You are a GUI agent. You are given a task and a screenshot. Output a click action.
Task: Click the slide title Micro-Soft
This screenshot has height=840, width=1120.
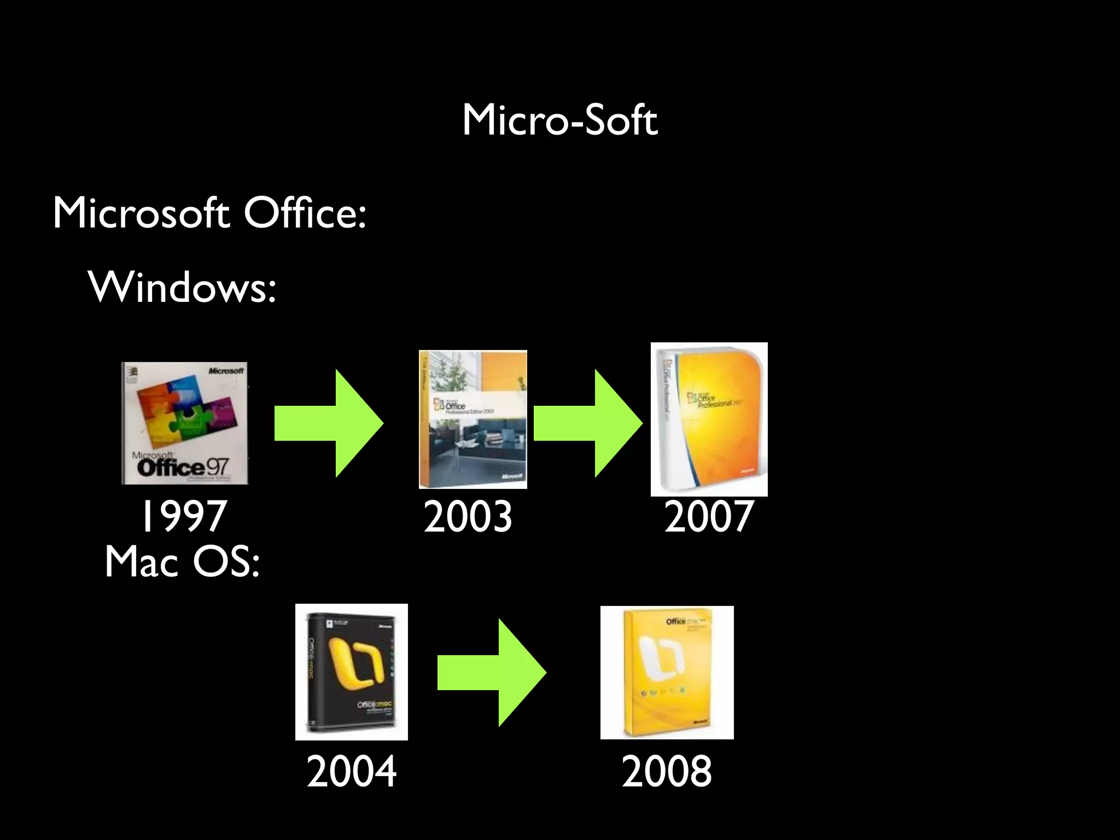559,120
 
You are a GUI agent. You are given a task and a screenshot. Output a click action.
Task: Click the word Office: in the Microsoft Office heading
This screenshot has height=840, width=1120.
305,213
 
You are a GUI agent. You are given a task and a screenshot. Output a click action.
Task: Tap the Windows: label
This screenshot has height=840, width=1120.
182,287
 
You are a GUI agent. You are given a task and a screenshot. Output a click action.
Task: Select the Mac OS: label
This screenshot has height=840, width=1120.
182,562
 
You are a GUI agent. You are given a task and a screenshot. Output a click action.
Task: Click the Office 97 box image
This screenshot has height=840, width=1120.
184,423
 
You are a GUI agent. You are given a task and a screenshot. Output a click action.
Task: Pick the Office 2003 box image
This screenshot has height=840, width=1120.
472,419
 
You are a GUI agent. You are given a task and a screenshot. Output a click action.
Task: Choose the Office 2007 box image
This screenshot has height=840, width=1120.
709,419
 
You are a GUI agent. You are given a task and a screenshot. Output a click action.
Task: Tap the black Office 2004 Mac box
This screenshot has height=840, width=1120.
351,672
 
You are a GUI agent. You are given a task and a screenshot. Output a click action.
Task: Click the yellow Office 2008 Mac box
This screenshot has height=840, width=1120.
667,672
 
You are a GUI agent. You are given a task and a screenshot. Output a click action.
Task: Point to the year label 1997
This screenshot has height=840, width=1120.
183,516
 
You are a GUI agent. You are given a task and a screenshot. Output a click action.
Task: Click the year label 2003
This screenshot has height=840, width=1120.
468,516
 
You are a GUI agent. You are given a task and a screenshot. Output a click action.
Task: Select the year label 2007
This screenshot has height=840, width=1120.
709,516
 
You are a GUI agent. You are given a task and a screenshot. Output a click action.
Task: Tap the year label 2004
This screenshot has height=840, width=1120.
351,771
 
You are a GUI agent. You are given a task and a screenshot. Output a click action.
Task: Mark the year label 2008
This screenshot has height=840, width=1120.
667,771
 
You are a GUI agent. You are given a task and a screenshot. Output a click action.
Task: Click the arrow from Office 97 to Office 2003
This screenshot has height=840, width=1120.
328,423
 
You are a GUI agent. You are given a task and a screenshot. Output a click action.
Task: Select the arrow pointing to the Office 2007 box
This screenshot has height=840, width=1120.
587,423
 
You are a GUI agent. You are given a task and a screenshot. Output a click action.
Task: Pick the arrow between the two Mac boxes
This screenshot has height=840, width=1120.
491,673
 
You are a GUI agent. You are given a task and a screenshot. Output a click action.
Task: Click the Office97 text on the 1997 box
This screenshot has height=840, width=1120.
183,468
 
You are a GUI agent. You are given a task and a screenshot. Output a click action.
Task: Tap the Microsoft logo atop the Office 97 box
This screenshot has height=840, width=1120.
225,371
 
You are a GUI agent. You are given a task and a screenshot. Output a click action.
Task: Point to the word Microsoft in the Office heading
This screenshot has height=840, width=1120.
141,213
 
